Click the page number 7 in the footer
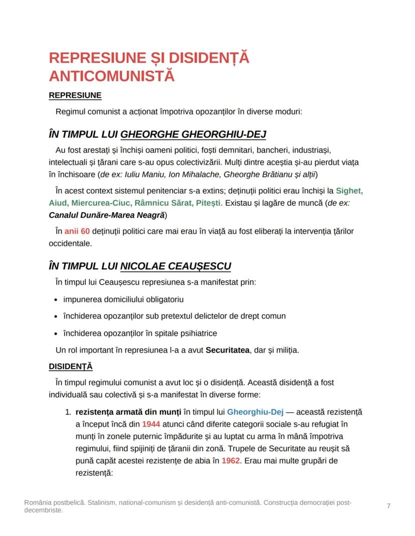point(388,506)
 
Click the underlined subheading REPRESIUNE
point(75,95)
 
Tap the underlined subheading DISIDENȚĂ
point(71,366)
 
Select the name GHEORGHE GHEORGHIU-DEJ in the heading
point(193,134)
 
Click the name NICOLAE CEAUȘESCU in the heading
point(176,266)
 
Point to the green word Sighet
point(349,191)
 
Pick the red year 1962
point(231,460)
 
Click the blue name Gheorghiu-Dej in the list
point(255,412)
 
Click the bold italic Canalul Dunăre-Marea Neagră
point(108,215)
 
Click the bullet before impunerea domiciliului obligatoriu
point(55,300)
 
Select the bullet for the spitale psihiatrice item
point(55,333)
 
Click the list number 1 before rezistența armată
point(68,412)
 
